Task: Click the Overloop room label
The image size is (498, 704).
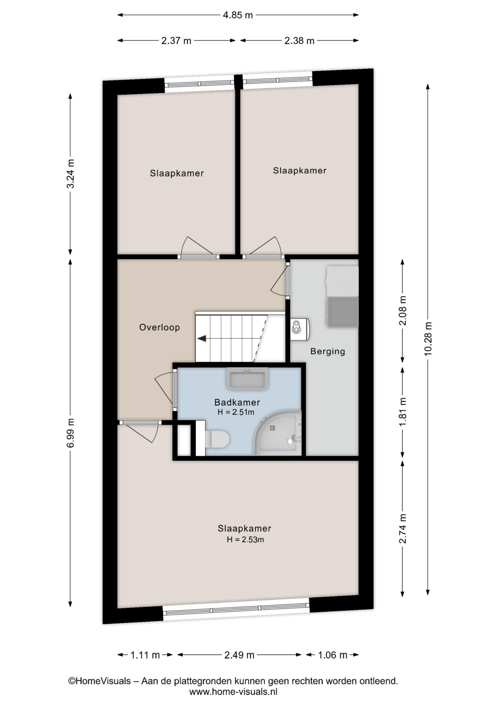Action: [x=160, y=327]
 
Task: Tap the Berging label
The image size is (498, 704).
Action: [x=328, y=351]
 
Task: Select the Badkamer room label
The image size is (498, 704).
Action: [x=237, y=402]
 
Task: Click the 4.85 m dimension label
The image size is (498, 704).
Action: [x=238, y=15]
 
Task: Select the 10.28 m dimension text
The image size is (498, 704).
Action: [x=428, y=338]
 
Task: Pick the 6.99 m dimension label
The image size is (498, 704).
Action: [x=70, y=433]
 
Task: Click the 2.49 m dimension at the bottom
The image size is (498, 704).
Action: [x=239, y=655]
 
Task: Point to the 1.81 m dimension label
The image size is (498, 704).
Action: [x=403, y=412]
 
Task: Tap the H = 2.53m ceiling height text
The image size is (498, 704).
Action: [x=245, y=539]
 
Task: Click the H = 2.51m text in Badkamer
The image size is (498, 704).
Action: [x=236, y=412]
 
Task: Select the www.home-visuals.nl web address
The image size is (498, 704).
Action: [x=233, y=692]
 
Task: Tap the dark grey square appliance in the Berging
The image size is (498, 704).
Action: [x=343, y=312]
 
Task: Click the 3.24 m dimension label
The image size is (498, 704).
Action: [x=70, y=173]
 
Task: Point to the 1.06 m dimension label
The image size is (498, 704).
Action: [x=332, y=655]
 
